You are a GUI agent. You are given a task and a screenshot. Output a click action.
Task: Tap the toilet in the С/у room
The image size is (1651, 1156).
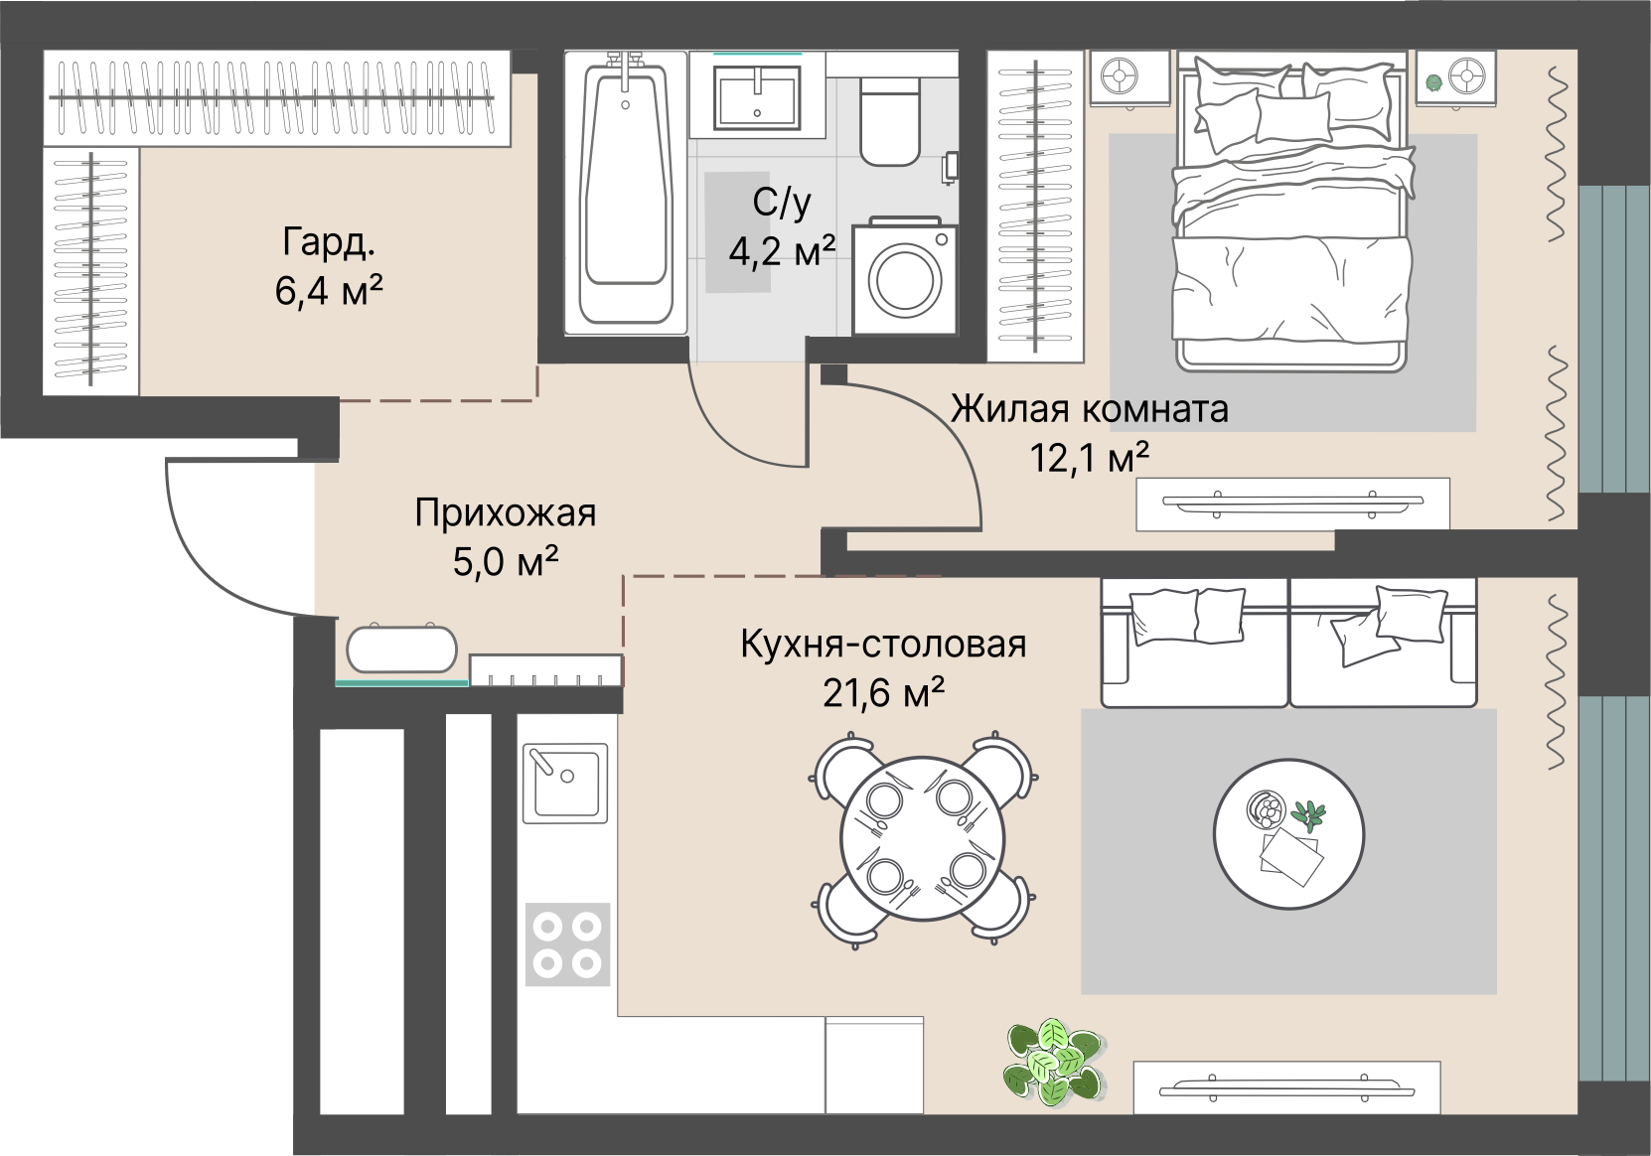[x=890, y=120]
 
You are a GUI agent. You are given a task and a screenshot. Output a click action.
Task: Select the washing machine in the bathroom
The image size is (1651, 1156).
[x=904, y=275]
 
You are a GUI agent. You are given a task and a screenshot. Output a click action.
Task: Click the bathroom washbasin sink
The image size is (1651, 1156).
[x=757, y=96]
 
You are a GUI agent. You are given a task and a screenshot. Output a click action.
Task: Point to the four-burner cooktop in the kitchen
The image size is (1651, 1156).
[x=567, y=943]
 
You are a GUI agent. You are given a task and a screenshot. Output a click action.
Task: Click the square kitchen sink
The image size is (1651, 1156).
[x=565, y=784]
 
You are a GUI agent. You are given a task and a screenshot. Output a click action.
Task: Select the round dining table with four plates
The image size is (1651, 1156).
[x=923, y=838]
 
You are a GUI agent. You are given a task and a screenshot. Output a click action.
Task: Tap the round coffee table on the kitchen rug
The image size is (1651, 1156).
[x=1289, y=834]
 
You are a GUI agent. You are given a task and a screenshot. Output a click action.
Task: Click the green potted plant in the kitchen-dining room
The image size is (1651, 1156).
[x=1054, y=1062]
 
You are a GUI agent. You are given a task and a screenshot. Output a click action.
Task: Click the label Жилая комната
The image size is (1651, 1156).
[x=1090, y=409]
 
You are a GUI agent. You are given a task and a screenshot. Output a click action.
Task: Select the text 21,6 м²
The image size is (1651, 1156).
[x=884, y=692]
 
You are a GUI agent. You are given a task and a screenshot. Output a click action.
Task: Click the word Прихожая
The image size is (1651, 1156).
[x=505, y=513]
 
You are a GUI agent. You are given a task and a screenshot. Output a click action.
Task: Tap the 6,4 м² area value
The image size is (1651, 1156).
[x=329, y=290]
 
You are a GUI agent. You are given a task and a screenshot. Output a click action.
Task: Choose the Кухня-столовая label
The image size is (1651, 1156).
[x=883, y=644]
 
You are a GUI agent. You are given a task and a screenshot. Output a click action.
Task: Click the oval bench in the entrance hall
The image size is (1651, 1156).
[x=401, y=649]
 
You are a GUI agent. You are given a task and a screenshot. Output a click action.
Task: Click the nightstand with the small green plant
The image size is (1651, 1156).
[x=1455, y=77]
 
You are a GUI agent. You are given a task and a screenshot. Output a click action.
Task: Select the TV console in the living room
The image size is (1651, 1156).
[x=1292, y=504]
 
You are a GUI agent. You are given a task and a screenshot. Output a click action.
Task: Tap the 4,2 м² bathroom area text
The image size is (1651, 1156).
[x=782, y=251]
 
